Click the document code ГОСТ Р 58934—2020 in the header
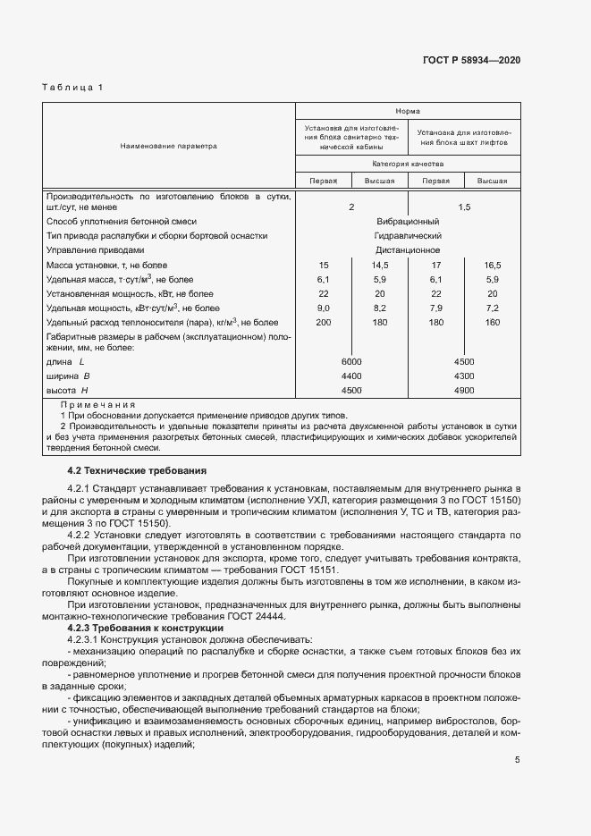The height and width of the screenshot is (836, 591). click(x=471, y=60)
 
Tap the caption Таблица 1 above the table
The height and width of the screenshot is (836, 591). click(x=73, y=87)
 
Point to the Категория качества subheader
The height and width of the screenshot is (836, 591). click(x=408, y=165)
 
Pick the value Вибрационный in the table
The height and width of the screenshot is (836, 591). click(x=408, y=221)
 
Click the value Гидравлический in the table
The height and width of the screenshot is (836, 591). click(x=408, y=235)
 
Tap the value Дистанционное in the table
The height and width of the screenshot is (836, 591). click(x=408, y=250)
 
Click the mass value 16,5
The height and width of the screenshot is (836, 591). click(x=493, y=266)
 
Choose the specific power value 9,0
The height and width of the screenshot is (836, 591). click(x=324, y=308)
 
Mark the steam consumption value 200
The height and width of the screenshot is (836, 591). click(x=324, y=322)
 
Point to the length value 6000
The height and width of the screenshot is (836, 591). click(x=351, y=361)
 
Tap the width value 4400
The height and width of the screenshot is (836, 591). click(x=351, y=376)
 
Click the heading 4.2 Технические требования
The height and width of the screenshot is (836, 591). click(x=137, y=470)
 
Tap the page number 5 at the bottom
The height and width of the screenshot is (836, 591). click(x=517, y=760)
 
